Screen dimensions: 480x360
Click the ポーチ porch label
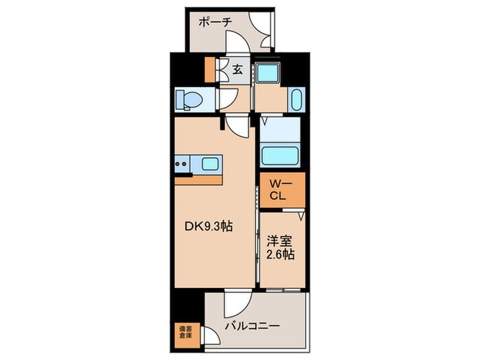215,23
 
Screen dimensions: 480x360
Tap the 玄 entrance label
237,69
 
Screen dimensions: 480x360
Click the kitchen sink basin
210,164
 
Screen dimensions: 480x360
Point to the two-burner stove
180,164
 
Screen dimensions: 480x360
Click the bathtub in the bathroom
280,156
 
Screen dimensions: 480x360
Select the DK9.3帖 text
208,226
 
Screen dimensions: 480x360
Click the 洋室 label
278,241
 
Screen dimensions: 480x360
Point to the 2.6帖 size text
280,254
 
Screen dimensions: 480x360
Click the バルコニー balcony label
252,326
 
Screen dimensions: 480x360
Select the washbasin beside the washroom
296,99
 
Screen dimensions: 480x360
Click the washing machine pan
268,72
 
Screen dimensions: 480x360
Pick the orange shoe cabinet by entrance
210,70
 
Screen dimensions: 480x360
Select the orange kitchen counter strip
198,180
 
